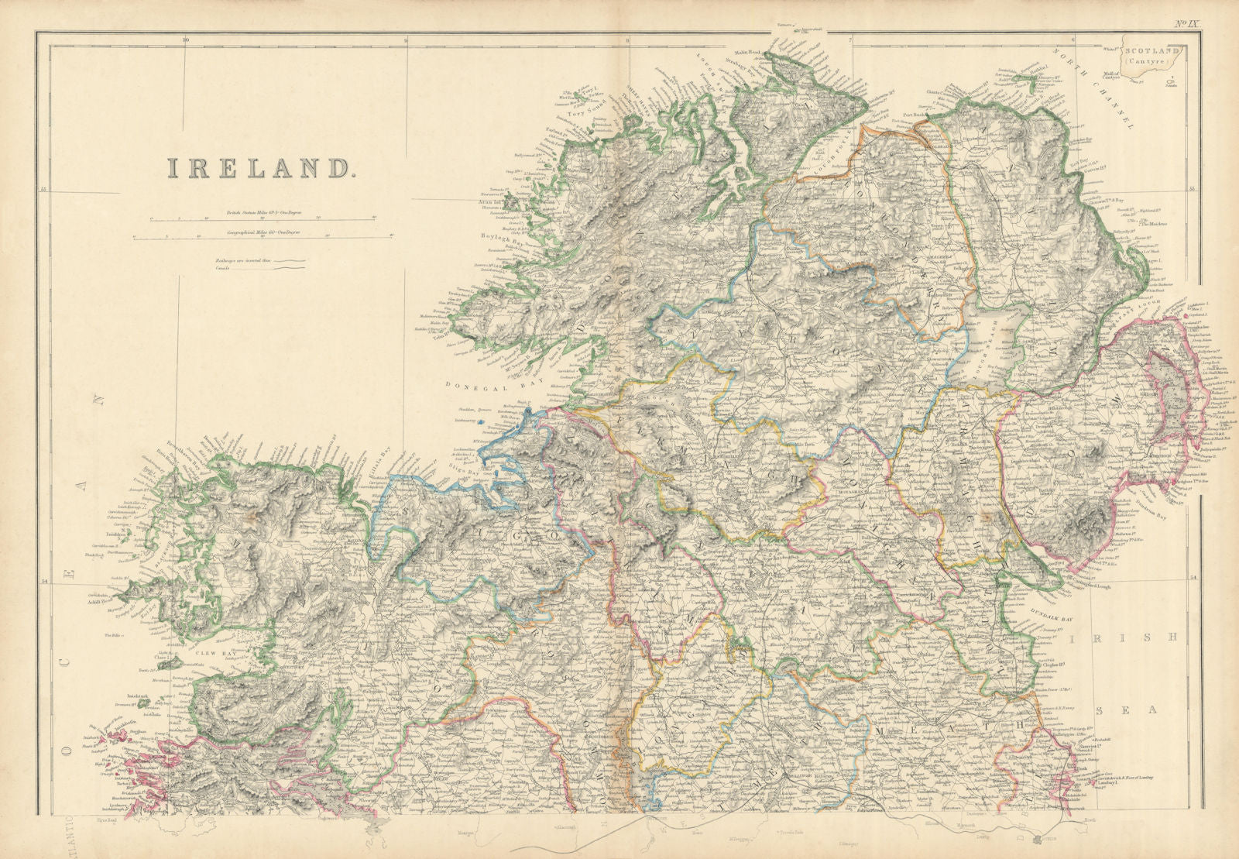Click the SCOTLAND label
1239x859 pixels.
pyautogui.click(x=1151, y=50)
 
